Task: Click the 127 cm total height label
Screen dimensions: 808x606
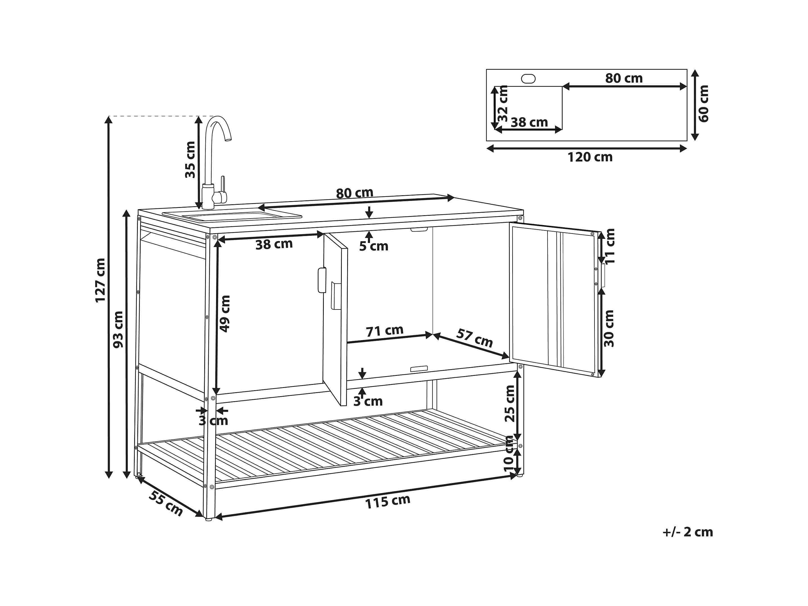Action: click(100, 280)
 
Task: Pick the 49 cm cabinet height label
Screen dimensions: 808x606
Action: click(225, 314)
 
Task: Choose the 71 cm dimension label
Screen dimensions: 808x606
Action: click(384, 331)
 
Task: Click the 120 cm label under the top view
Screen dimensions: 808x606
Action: click(590, 157)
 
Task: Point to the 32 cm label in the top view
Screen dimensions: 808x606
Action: click(503, 103)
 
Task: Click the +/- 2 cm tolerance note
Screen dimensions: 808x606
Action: click(688, 532)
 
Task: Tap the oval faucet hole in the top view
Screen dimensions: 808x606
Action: click(528, 78)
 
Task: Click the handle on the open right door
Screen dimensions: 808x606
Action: click(602, 275)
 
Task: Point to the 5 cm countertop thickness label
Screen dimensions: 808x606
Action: click(373, 246)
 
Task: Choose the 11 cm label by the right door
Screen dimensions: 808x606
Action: click(610, 246)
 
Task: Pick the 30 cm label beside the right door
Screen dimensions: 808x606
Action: click(609, 328)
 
